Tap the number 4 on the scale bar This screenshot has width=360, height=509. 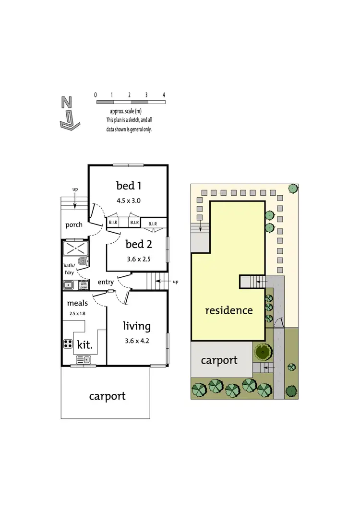164,95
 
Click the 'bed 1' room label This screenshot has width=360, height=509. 128,185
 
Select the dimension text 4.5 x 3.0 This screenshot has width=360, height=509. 128,201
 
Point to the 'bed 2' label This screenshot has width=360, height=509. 139,244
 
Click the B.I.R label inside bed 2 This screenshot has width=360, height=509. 153,224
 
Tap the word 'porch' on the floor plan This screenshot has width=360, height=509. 73,225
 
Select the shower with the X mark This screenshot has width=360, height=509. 74,248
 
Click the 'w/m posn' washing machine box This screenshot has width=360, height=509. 84,285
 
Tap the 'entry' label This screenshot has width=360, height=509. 106,282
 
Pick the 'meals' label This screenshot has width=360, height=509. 77,303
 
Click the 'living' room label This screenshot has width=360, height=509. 137,327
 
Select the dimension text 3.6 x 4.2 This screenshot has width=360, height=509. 137,342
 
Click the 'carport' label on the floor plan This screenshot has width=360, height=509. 107,396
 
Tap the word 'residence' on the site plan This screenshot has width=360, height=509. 228,310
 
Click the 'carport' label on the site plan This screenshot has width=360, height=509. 219,360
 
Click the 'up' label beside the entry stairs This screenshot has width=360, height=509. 175,282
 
